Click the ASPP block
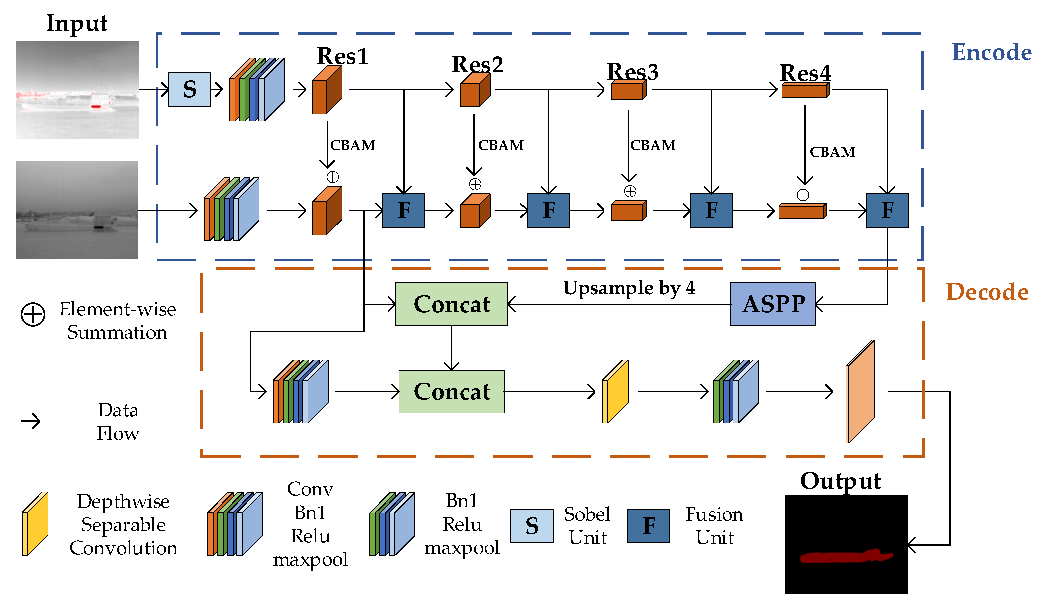772,304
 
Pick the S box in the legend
532,526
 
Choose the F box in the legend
649,526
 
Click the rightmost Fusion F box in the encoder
887,211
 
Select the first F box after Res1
403,211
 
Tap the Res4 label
805,73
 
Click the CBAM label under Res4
832,152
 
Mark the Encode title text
991,52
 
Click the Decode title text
987,292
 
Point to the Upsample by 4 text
629,288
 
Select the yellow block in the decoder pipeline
615,391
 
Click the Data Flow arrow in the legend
31,422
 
